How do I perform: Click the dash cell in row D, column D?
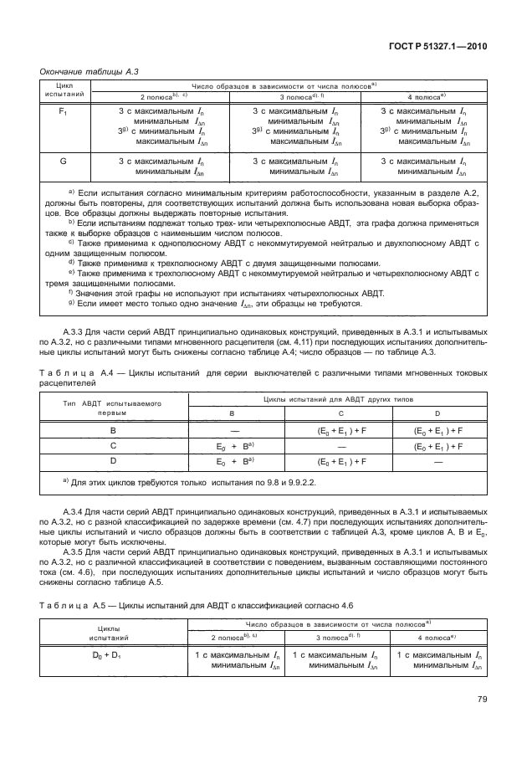pos(435,461)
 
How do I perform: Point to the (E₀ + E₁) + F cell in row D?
pos(341,461)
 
